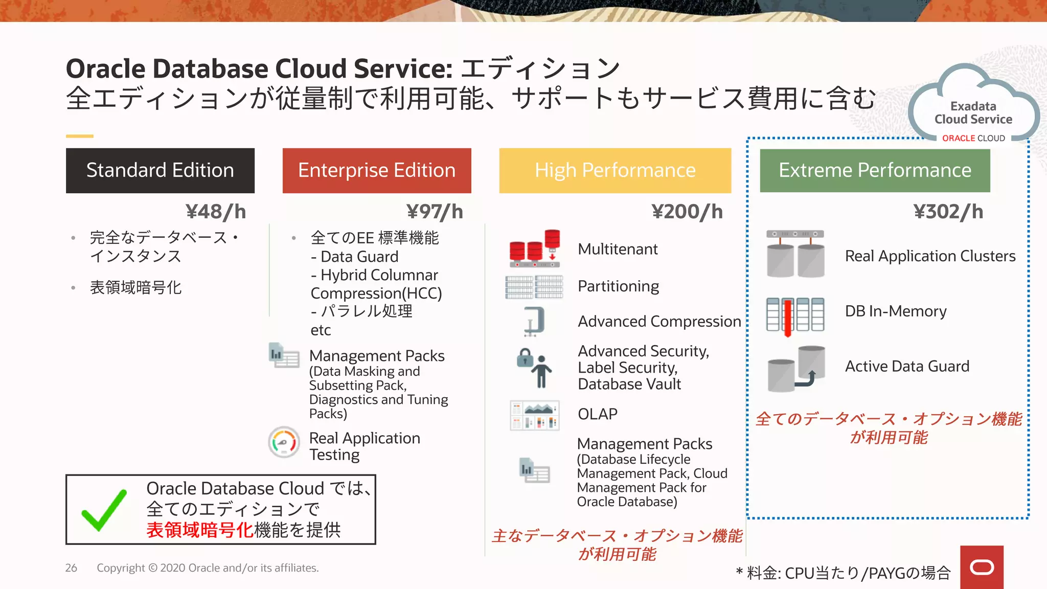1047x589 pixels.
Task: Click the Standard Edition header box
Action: [x=160, y=170]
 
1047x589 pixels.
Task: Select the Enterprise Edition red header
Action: [x=377, y=170]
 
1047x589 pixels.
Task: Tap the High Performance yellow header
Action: [x=615, y=170]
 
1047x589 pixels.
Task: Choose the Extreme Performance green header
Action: [x=875, y=170]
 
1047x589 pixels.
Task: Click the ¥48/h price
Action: [x=216, y=212]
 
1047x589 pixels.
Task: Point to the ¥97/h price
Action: [x=435, y=212]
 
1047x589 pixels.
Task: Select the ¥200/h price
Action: [x=687, y=212]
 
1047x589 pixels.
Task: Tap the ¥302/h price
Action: [x=948, y=212]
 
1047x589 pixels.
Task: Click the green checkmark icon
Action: [x=104, y=510]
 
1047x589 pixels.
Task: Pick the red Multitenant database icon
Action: [x=535, y=249]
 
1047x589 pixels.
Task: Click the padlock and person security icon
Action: [x=534, y=368]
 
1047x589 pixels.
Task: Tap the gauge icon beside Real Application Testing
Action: [x=284, y=442]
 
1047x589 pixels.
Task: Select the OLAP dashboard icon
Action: [x=535, y=415]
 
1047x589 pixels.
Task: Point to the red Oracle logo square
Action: [x=982, y=567]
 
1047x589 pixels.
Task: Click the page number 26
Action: [x=71, y=568]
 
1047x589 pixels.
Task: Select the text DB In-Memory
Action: [x=896, y=311]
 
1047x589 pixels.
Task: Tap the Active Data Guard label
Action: [x=907, y=367]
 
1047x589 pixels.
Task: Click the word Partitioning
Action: [x=618, y=286]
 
